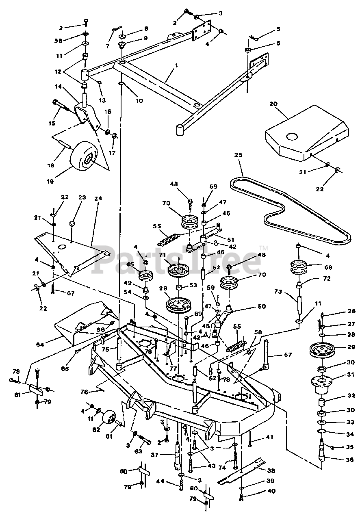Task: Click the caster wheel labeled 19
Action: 83,155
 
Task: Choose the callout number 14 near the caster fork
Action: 58,87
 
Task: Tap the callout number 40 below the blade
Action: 271,491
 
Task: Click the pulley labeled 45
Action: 145,277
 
